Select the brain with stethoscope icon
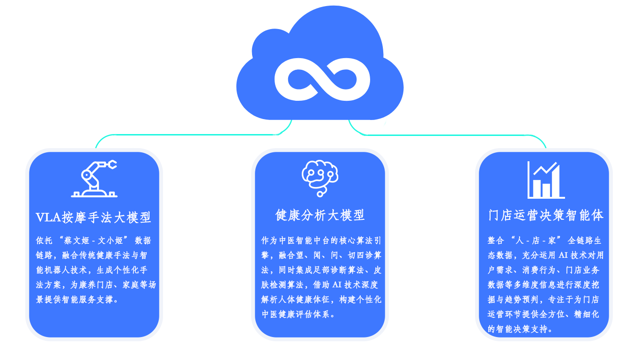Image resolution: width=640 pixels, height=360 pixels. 320,178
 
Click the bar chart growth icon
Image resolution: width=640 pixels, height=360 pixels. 545,180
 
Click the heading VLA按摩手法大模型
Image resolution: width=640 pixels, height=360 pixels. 94,217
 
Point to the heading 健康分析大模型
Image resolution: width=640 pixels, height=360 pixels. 320,215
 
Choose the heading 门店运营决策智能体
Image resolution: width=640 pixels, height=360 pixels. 546,215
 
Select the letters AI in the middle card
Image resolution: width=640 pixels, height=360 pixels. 337,285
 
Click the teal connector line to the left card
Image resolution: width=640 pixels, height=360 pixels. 187,135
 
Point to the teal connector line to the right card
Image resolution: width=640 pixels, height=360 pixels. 450,135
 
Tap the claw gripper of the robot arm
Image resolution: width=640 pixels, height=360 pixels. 112,165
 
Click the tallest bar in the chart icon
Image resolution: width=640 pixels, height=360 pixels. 556,183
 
